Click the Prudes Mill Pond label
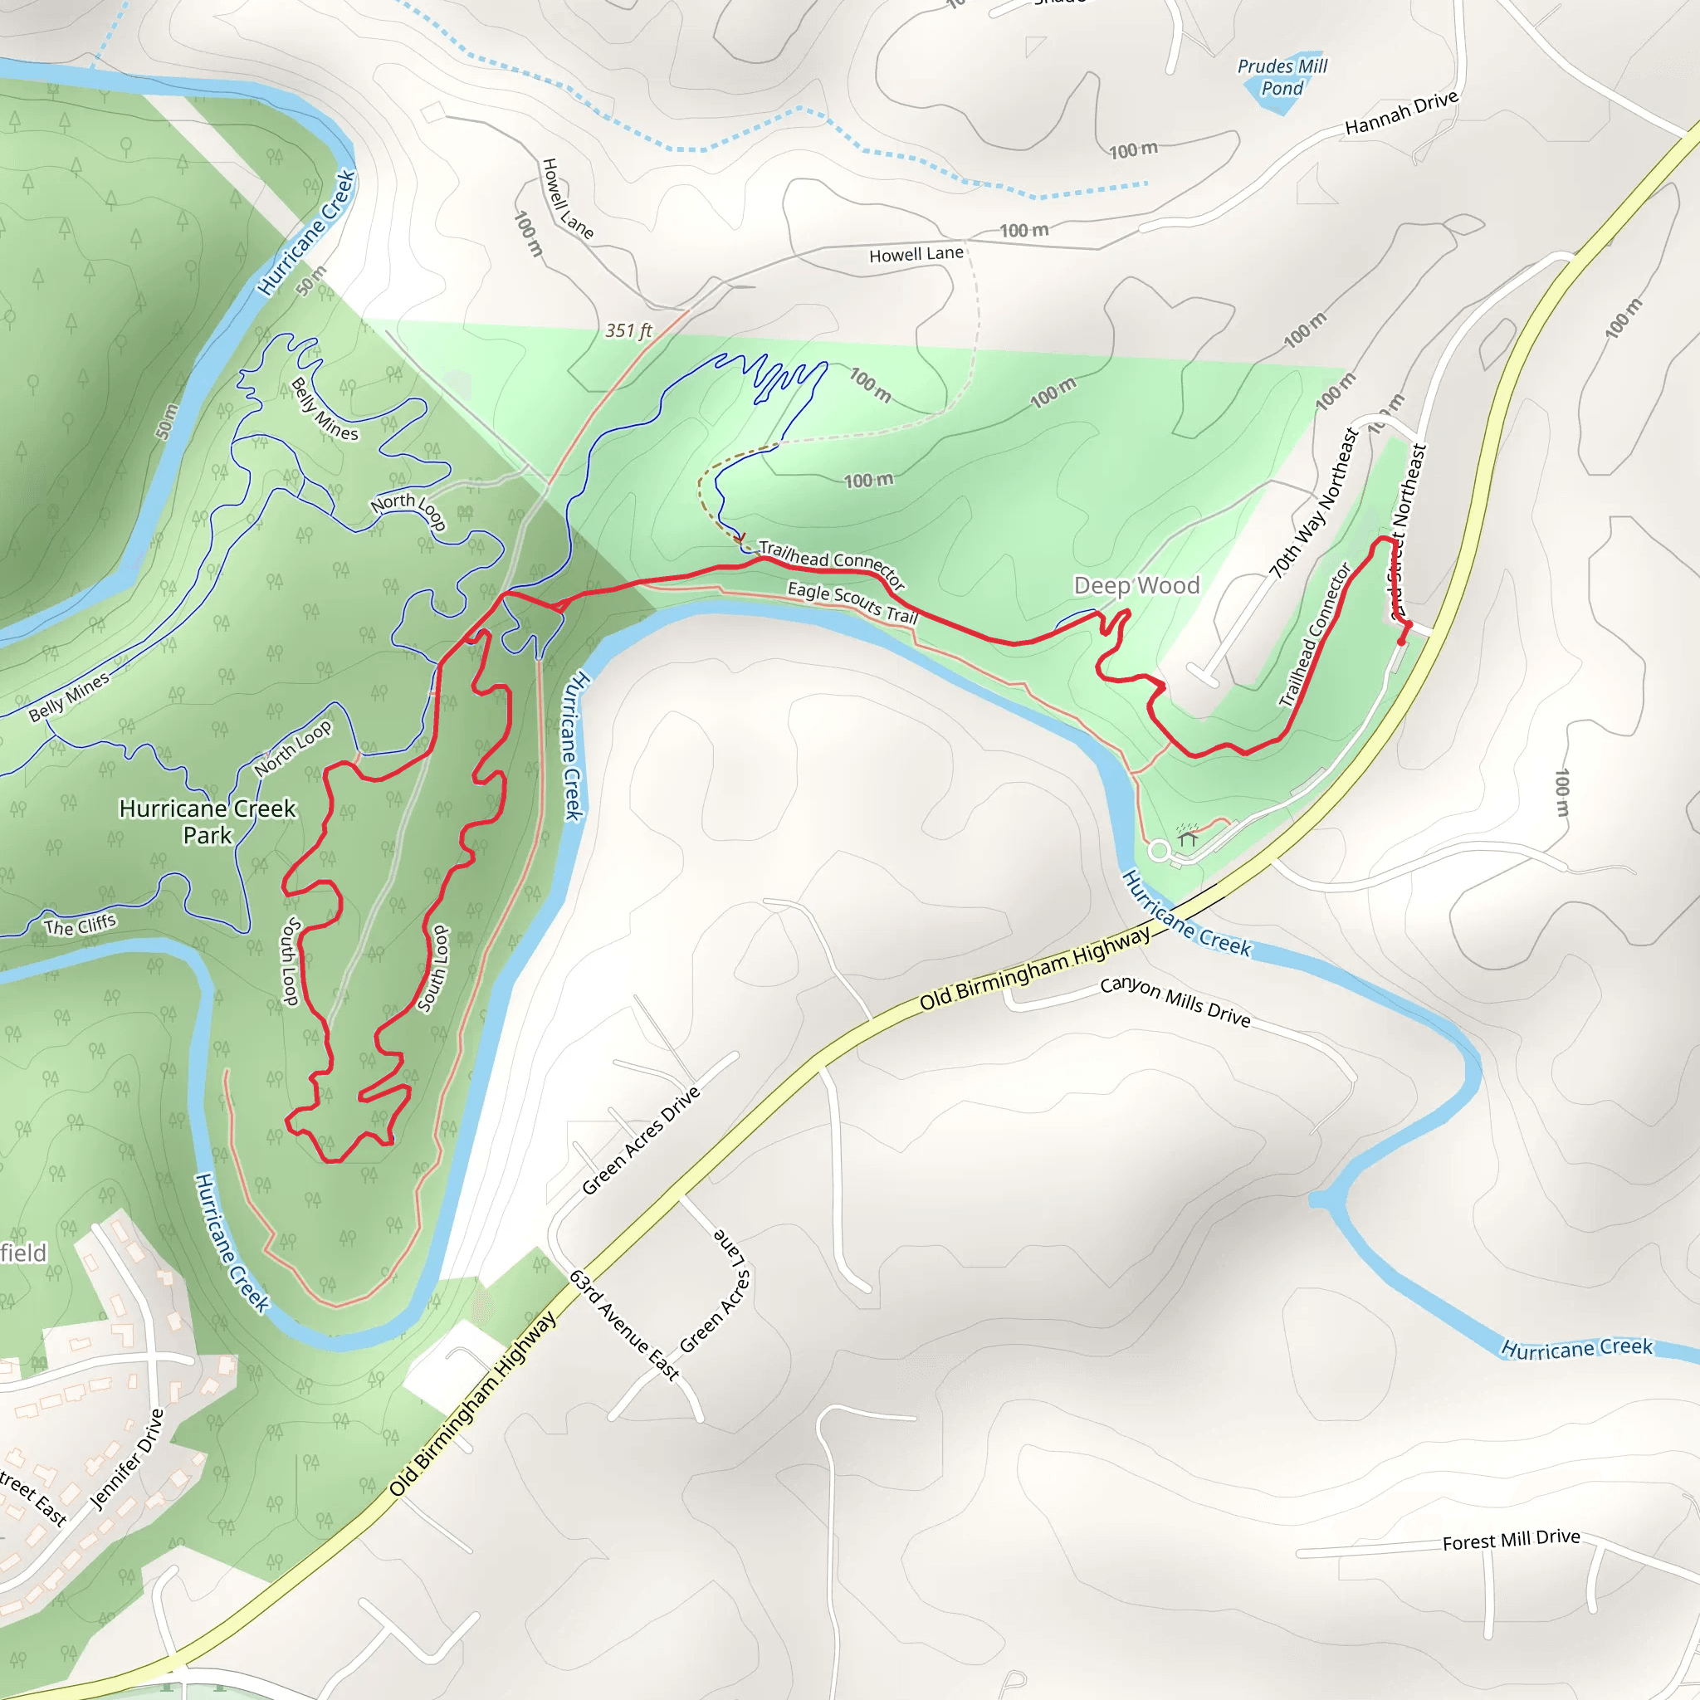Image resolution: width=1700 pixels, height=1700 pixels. [1281, 76]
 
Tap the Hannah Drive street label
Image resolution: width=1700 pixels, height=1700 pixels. [1401, 114]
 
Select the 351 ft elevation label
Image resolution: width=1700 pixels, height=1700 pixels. [628, 331]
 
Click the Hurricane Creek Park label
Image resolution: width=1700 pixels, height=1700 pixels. [208, 821]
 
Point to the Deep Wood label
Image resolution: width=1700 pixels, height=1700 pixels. [1136, 585]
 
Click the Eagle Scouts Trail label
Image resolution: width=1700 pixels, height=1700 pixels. [852, 603]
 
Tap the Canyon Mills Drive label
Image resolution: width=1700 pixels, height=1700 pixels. [1175, 1001]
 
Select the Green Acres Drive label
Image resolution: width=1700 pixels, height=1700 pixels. [642, 1140]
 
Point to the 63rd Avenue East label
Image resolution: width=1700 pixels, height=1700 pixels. [625, 1325]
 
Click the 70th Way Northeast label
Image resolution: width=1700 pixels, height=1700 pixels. [1315, 503]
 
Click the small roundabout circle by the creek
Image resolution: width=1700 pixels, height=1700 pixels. [1159, 851]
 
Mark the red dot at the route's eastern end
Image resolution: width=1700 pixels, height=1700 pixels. [1401, 642]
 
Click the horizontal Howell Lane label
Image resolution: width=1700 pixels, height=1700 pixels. [916, 254]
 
